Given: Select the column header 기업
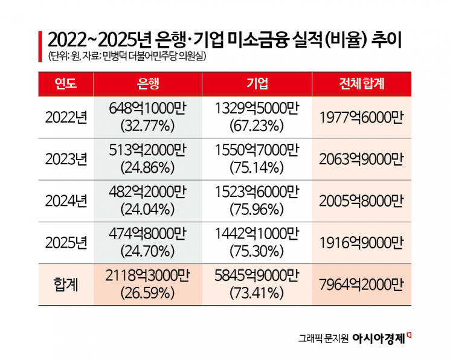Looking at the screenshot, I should [x=257, y=84].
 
